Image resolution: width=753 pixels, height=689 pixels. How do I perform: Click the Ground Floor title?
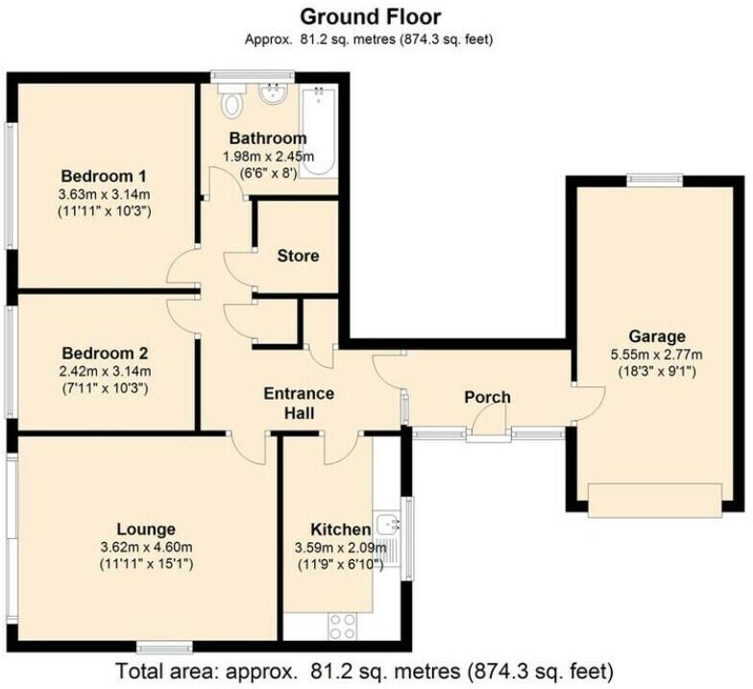[x=370, y=16]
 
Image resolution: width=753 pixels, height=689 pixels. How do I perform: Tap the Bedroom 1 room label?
[x=103, y=176]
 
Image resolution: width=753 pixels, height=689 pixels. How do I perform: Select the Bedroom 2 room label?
[x=103, y=352]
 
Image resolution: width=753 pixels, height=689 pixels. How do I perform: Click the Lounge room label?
[x=146, y=529]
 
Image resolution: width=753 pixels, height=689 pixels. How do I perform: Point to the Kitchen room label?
[x=340, y=529]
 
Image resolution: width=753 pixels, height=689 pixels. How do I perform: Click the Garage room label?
[x=657, y=335]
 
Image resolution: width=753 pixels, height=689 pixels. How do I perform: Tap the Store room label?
[x=298, y=256]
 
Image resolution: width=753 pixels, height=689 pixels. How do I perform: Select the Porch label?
[x=487, y=397]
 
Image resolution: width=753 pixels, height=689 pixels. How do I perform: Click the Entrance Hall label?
[x=299, y=403]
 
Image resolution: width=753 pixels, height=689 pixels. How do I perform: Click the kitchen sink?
[x=389, y=525]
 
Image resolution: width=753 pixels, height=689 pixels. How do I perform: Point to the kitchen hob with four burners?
[x=344, y=625]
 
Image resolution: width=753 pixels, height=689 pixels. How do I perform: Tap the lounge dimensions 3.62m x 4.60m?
[x=146, y=547]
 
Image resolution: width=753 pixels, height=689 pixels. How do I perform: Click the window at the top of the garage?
[x=655, y=178]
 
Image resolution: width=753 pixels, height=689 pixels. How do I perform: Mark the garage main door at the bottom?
[x=654, y=500]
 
